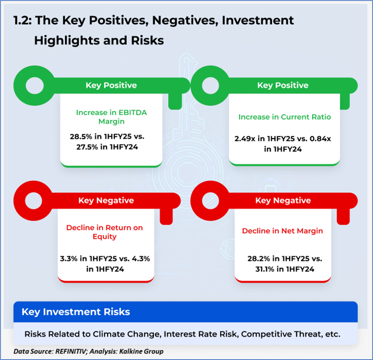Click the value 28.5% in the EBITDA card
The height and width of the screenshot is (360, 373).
[x=81, y=137]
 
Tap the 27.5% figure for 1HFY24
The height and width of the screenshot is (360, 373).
[x=87, y=147]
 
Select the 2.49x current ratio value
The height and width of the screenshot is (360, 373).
[x=245, y=139]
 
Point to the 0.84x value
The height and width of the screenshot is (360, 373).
[x=320, y=139]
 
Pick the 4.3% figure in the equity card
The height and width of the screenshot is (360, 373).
[x=140, y=259]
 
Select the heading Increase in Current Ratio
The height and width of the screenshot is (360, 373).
[x=284, y=117]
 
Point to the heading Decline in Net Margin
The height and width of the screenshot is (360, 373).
[x=283, y=231]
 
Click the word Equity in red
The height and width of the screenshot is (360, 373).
[x=105, y=237]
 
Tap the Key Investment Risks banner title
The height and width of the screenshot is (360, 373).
[x=76, y=312]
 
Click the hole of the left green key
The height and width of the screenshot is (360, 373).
[x=35, y=86]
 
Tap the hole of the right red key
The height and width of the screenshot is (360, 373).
[x=210, y=201]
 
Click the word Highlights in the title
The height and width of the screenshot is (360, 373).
[x=67, y=41]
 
